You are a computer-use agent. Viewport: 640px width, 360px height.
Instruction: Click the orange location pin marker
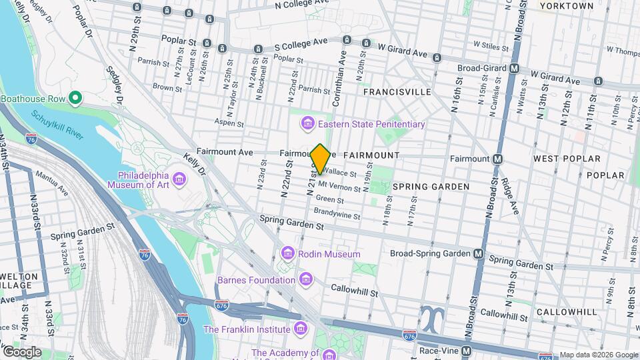coord(320,159)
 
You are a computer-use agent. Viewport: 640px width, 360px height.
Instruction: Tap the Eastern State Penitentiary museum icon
coord(307,124)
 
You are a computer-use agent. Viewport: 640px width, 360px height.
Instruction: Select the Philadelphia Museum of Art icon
coord(179,179)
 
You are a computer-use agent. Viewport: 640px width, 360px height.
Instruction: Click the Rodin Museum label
coord(330,254)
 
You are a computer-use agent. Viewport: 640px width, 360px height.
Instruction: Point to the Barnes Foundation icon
coord(306,279)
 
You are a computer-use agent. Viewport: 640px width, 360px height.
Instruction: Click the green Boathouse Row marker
coord(75,99)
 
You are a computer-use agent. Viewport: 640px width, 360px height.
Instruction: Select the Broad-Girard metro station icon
coord(514,68)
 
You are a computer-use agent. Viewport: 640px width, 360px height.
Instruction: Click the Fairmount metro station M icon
coord(497,159)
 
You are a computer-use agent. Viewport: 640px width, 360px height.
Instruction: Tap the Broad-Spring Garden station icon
coord(478,254)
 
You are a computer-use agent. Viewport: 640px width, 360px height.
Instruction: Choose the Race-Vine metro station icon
coord(467,351)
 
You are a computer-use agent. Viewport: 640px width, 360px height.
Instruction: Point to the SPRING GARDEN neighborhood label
coord(431,187)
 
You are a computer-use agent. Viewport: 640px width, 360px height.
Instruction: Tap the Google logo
coord(21,351)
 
